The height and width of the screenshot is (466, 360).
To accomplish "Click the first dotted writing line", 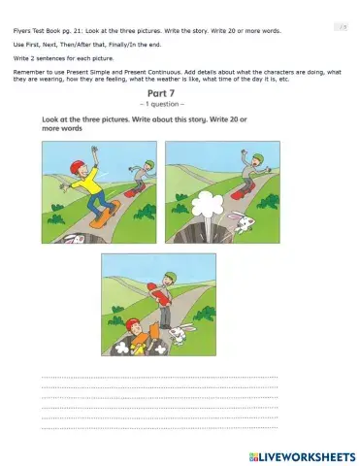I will (x=160, y=377).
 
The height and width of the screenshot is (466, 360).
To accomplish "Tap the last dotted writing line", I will (x=160, y=427).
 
